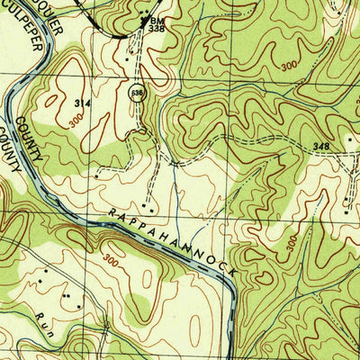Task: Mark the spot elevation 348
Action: pyautogui.click(x=322, y=145)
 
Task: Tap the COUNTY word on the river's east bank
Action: pyautogui.click(x=36, y=136)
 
